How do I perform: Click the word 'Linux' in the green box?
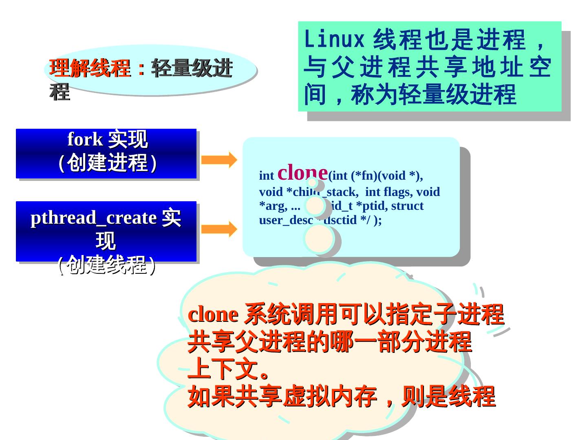pos(334,40)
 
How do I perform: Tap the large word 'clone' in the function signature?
pos(302,172)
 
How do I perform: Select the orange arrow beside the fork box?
pos(219,160)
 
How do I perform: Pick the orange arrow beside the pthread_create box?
pos(219,229)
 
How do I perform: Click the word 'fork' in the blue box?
pos(85,139)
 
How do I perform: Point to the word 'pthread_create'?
pos(93,218)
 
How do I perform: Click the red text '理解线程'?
pos(90,68)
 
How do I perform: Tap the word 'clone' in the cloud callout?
pos(213,315)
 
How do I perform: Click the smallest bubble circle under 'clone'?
pos(312,183)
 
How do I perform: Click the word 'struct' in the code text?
pos(407,206)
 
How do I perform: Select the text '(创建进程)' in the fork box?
pos(107,163)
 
